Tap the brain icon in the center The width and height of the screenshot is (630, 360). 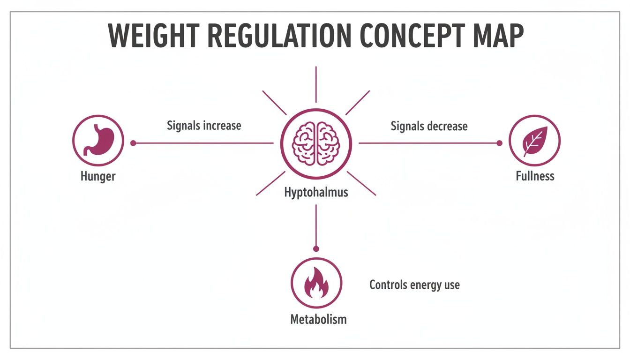point(316,143)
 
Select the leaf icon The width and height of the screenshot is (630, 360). point(534,140)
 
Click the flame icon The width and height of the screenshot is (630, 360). point(316,283)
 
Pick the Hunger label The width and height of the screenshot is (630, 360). point(98,177)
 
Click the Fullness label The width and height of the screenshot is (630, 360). point(535,176)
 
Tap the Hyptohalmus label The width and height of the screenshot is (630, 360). point(316,192)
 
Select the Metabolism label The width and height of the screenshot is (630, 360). point(318,320)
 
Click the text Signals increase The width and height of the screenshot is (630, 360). point(204,126)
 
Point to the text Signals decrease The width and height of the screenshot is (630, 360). point(429,126)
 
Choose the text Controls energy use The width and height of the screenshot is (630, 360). point(414,285)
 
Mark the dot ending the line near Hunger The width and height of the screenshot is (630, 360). point(133,143)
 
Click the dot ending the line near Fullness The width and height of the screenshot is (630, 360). point(499,143)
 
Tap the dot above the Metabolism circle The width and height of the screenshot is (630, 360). point(316,249)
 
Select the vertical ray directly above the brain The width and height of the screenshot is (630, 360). point(316,84)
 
